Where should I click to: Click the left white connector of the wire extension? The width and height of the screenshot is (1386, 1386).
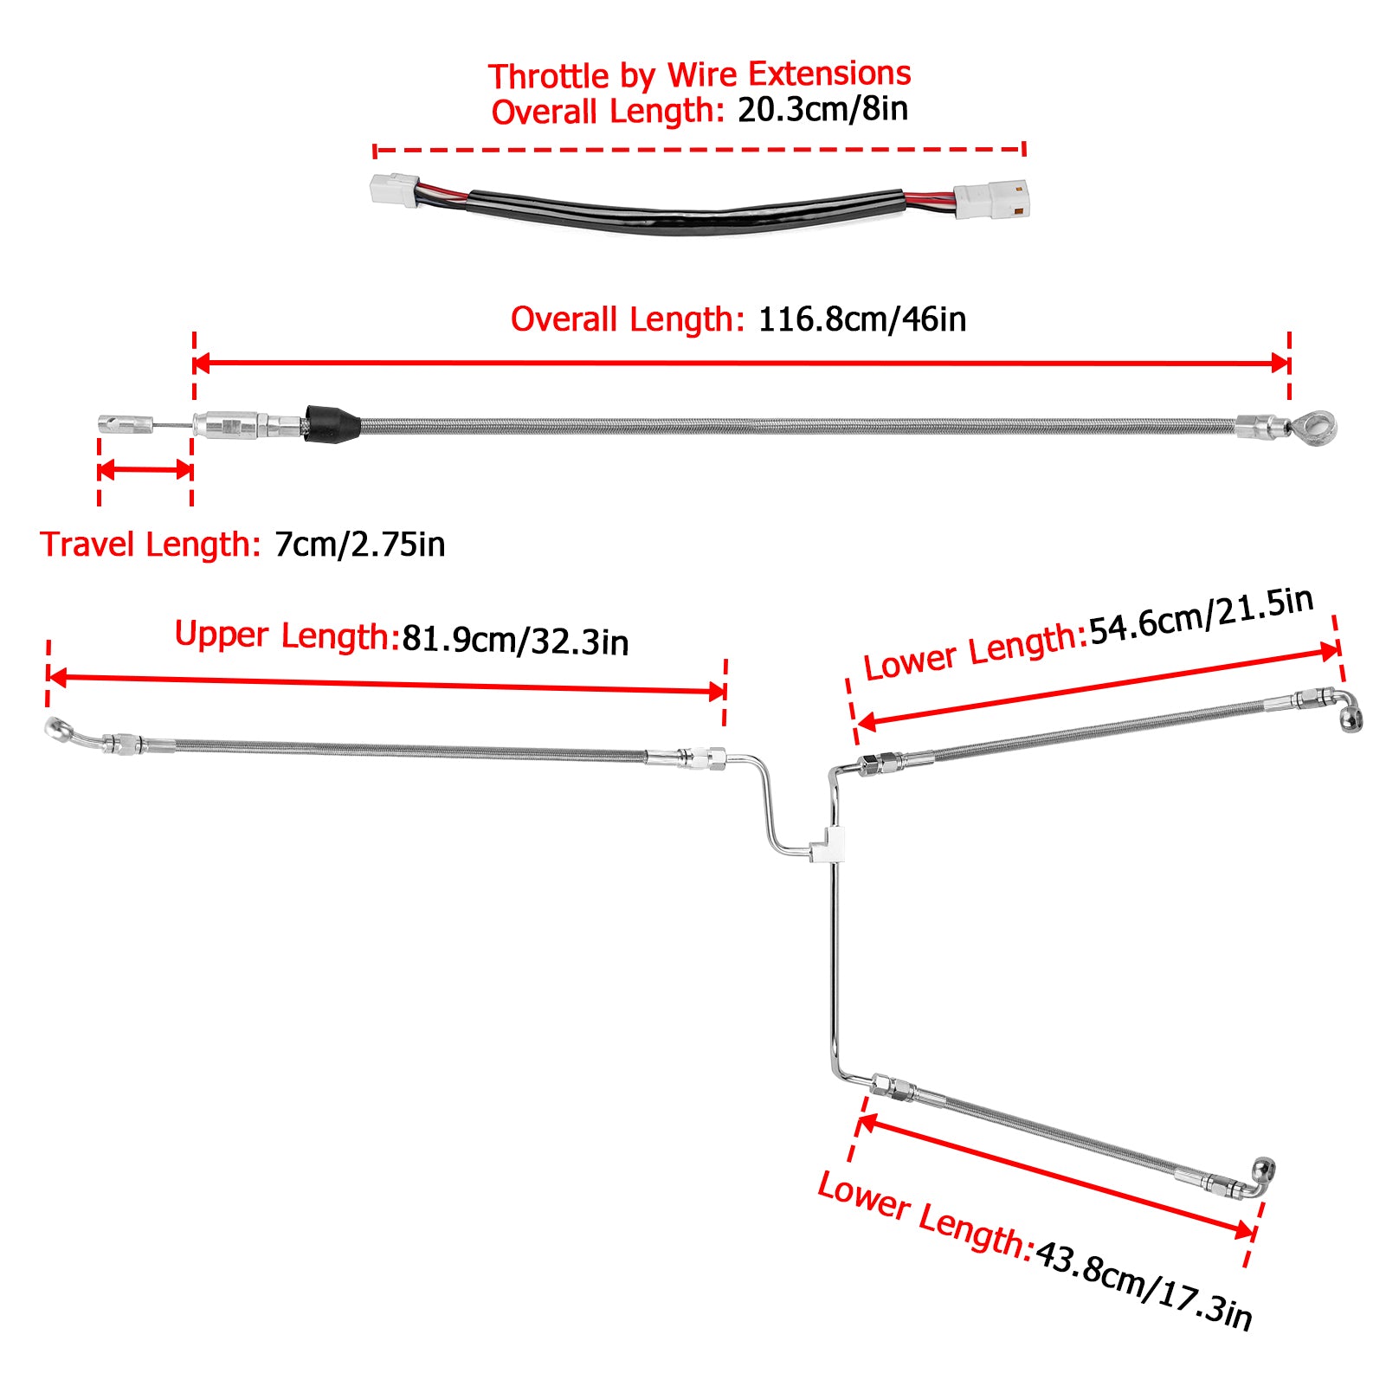pyautogui.click(x=396, y=189)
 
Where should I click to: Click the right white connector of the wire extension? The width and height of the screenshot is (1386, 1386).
pyautogui.click(x=991, y=200)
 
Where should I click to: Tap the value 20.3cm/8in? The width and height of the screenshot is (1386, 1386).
pyautogui.click(x=822, y=110)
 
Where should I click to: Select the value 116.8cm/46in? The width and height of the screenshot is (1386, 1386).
pyautogui.click(x=862, y=319)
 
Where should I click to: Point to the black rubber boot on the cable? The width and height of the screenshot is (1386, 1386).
pyautogui.click(x=332, y=423)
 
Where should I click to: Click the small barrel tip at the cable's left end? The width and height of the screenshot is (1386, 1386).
pyautogui.click(x=126, y=424)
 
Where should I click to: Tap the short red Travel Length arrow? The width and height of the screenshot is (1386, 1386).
pyautogui.click(x=145, y=470)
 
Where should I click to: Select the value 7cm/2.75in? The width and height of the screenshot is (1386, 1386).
pyautogui.click(x=360, y=545)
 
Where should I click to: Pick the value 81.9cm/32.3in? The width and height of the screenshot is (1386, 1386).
pyautogui.click(x=515, y=641)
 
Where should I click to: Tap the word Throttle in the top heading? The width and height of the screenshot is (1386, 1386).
pyautogui.click(x=550, y=76)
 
